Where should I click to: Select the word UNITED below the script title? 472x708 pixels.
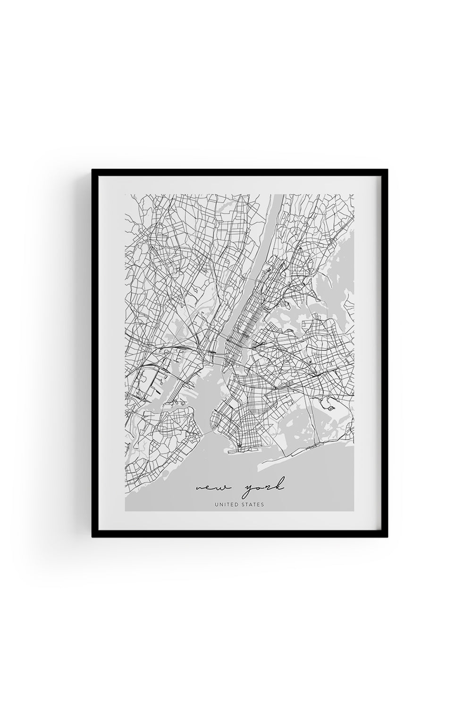[x=225, y=505]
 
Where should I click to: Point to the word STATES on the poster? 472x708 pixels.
[x=252, y=505]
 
